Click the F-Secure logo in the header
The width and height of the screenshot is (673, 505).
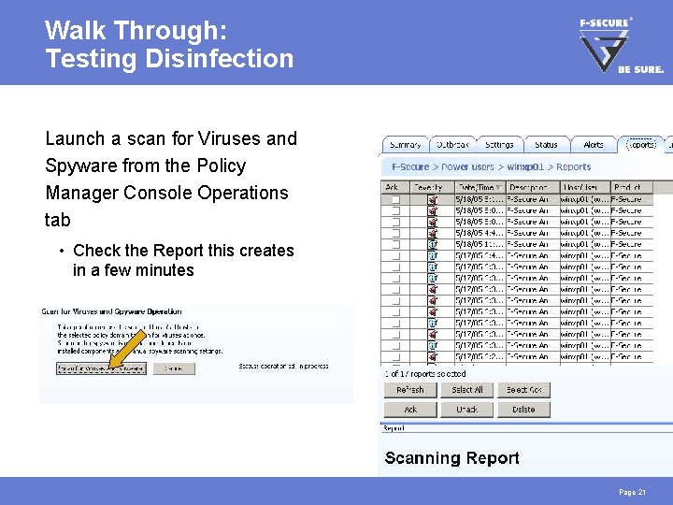[620, 45]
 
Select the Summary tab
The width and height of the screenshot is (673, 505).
[405, 145]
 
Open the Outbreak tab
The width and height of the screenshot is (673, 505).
[452, 145]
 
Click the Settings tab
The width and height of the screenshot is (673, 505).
[499, 145]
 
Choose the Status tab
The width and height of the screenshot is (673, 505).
[546, 145]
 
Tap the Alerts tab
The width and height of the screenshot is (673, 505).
[594, 145]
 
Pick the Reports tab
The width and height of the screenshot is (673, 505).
[640, 145]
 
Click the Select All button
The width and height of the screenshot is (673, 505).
[466, 390]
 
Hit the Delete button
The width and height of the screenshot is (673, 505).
[523, 410]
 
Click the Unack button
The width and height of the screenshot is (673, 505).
[466, 410]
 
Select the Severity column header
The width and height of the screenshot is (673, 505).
[429, 188]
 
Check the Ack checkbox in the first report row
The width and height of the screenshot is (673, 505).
[395, 199]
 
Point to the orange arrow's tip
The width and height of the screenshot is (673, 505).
[109, 367]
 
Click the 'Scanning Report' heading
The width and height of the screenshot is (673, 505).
[451, 457]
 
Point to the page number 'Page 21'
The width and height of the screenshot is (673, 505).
[632, 492]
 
